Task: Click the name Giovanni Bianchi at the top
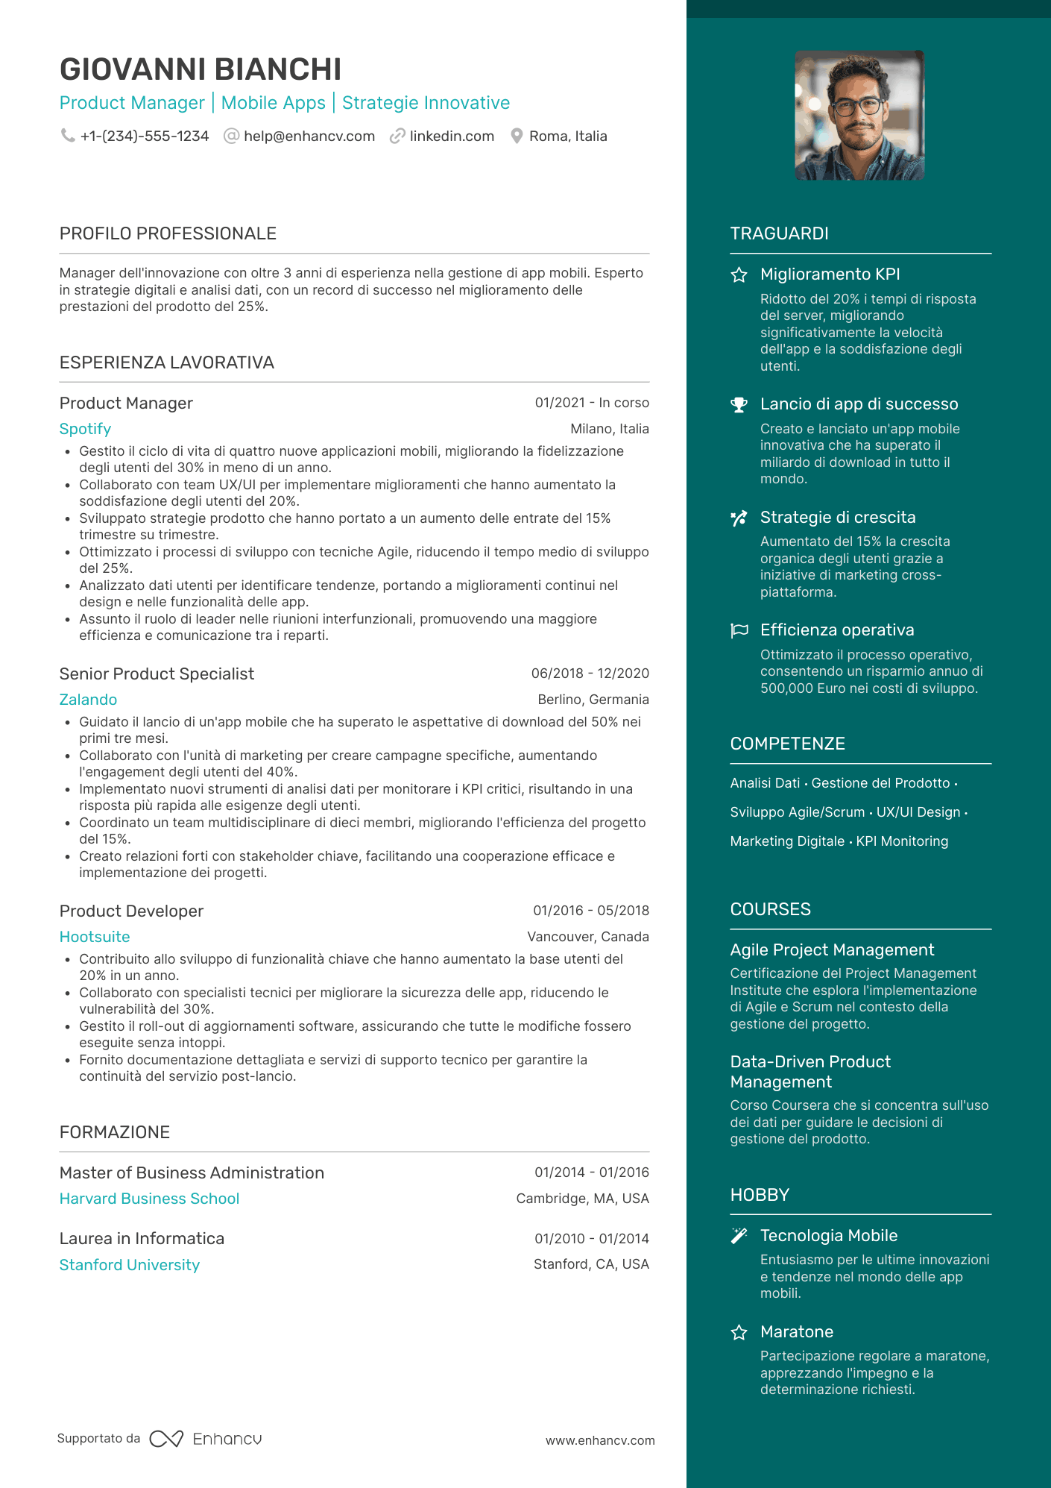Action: point(201,69)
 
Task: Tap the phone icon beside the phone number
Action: point(68,136)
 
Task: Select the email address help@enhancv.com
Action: point(309,136)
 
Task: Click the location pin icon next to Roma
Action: point(517,136)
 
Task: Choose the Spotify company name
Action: point(85,429)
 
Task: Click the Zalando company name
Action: point(88,700)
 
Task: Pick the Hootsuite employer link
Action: point(95,937)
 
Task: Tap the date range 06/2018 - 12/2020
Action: point(590,674)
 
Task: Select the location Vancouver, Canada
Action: point(587,937)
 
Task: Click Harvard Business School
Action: point(149,1199)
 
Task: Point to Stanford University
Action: point(130,1265)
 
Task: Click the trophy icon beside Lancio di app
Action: point(739,405)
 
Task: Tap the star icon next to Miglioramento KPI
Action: point(739,275)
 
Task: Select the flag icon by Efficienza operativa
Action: point(739,631)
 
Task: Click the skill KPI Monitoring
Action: point(902,841)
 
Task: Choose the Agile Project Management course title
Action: point(832,950)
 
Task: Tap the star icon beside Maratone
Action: point(739,1333)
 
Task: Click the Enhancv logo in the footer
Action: point(206,1439)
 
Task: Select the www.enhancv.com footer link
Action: point(600,1441)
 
